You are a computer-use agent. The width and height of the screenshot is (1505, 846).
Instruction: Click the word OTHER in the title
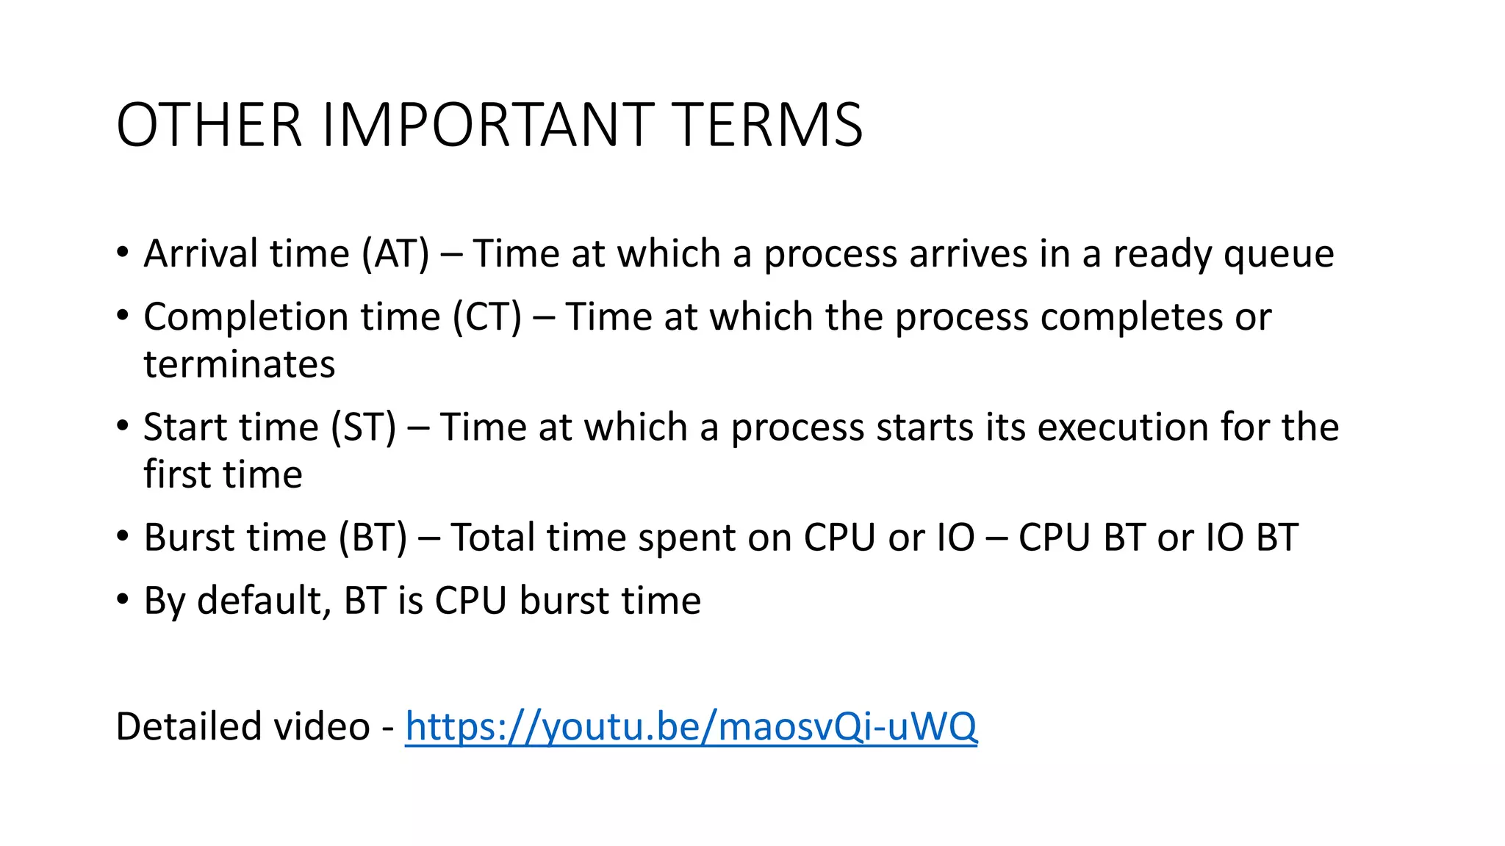(209, 125)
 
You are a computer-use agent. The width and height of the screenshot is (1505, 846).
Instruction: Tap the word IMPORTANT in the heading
(488, 125)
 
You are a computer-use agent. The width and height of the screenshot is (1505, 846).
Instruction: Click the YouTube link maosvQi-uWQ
(691, 727)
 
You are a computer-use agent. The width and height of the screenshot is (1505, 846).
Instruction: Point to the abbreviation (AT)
(395, 254)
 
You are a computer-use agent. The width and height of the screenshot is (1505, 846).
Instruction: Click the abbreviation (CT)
(487, 317)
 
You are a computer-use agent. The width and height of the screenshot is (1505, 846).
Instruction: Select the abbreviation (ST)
(364, 427)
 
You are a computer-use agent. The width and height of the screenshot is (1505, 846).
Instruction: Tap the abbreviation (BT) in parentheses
(373, 538)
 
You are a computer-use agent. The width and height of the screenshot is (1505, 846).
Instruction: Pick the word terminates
(240, 365)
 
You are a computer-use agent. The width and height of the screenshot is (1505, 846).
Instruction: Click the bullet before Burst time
(123, 536)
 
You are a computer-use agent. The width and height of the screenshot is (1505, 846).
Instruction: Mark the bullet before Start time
(123, 426)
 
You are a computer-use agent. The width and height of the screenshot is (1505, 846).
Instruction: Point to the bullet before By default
(123, 599)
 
